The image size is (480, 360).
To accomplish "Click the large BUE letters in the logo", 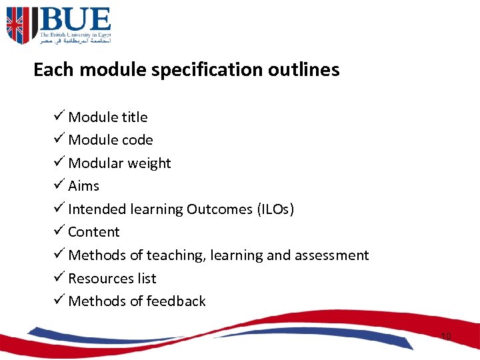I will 74,19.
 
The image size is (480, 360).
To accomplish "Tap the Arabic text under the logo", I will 75,41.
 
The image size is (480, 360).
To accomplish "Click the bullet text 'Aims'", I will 83,186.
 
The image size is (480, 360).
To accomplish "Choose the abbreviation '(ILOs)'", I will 275,209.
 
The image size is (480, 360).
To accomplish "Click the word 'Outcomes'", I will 219,209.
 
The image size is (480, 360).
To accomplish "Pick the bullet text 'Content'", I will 94,232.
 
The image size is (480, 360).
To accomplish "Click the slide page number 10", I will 445,337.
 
